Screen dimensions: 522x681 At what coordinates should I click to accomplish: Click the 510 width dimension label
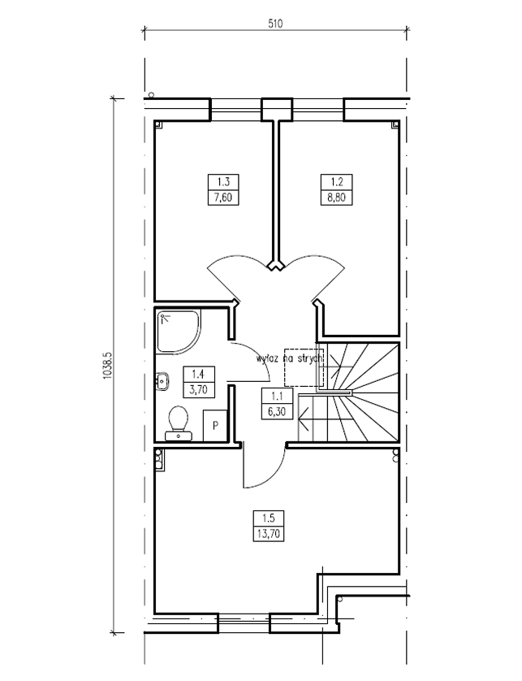(x=275, y=24)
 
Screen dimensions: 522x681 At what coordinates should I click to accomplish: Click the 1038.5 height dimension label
(x=108, y=365)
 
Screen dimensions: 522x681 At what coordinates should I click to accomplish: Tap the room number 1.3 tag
(x=223, y=181)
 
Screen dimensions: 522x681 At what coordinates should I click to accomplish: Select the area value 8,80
(x=336, y=197)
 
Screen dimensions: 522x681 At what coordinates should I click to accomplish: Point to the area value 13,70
(x=269, y=533)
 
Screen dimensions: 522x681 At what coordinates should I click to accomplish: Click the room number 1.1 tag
(x=277, y=396)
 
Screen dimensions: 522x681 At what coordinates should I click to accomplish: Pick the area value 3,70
(x=199, y=389)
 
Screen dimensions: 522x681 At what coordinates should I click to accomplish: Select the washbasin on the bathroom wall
(x=162, y=381)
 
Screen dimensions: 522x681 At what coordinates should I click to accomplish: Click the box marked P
(x=215, y=425)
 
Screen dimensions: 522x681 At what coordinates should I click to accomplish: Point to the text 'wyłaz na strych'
(x=290, y=358)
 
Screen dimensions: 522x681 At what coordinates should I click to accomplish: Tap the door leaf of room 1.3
(x=222, y=284)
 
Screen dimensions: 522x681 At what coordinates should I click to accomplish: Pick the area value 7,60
(x=223, y=197)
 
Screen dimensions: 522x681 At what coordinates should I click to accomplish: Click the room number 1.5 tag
(x=269, y=518)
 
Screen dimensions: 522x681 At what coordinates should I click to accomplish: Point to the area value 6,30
(x=277, y=411)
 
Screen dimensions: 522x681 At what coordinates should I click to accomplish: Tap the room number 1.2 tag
(x=336, y=181)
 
